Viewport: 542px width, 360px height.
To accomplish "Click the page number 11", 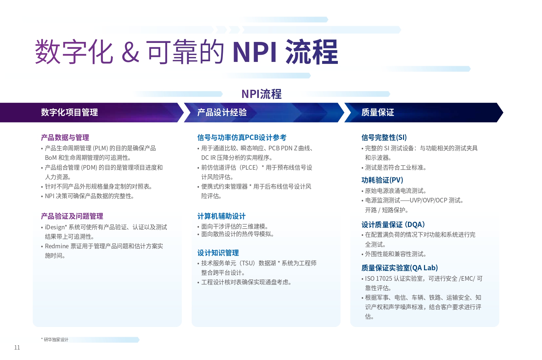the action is [x=17, y=348].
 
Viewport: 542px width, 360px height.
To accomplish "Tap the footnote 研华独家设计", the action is [x=56, y=340].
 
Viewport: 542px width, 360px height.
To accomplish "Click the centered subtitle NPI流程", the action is [x=261, y=94].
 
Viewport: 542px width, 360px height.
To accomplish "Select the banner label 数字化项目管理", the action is [x=69, y=112].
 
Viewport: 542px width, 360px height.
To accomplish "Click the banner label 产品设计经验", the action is [x=222, y=112].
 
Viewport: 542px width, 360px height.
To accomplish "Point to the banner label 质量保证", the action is [x=378, y=112].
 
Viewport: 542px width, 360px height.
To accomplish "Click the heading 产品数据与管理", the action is [x=65, y=138].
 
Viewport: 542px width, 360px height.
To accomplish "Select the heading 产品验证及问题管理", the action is [x=72, y=216].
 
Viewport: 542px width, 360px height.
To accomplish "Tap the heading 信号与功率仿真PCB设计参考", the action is [x=242, y=138].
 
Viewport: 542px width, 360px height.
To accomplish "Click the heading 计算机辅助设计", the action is [x=222, y=216].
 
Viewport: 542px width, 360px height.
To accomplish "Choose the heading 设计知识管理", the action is [x=218, y=253].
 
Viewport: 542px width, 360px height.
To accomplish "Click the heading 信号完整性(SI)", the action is [x=384, y=138].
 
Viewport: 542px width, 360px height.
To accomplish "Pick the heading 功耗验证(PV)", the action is [x=382, y=180].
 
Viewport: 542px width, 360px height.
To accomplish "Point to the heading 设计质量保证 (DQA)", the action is [x=393, y=224].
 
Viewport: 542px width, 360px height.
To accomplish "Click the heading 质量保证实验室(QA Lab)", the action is [x=400, y=268].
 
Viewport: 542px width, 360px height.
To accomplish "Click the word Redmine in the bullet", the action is [x=57, y=246].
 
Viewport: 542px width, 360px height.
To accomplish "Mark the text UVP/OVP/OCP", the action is [x=428, y=200].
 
